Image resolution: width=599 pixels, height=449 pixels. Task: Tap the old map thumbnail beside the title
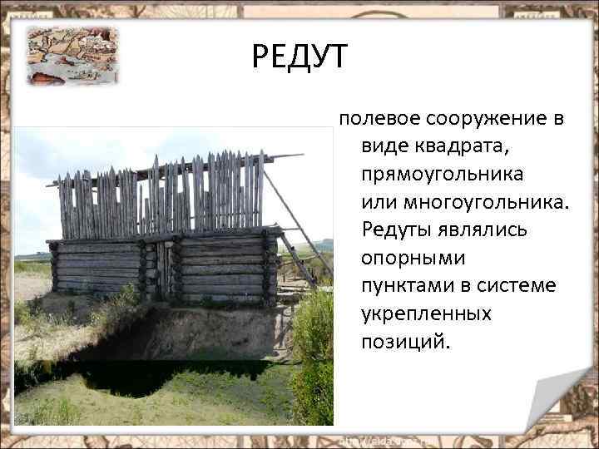[72, 54]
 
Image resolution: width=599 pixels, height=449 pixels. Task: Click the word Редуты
[397, 229]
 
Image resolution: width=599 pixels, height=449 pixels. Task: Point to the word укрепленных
[426, 314]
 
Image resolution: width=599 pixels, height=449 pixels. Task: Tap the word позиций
[403, 342]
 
